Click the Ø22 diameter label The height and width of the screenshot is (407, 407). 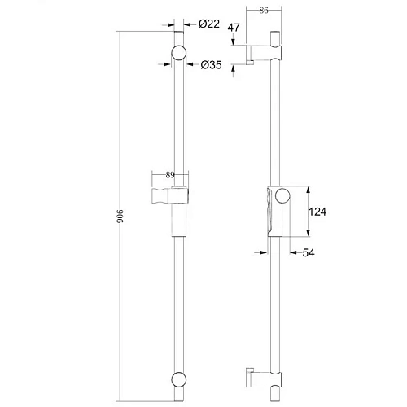pyautogui.click(x=209, y=24)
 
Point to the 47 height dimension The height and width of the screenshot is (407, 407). pyautogui.click(x=234, y=28)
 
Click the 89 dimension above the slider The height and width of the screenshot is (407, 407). pyautogui.click(x=169, y=174)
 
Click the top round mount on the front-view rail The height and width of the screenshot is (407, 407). pyautogui.click(x=178, y=55)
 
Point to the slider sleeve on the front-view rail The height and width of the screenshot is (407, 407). pyautogui.click(x=179, y=211)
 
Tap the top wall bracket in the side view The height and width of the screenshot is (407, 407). pyautogui.click(x=269, y=50)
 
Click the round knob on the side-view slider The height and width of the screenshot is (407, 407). pyautogui.click(x=282, y=195)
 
